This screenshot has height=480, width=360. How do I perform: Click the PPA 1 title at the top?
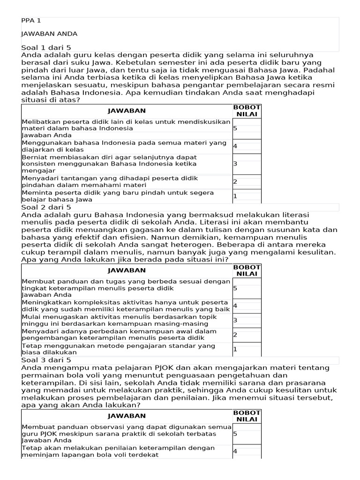pyautogui.click(x=31, y=21)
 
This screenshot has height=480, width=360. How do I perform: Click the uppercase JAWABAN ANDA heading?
pyautogui.click(x=49, y=34)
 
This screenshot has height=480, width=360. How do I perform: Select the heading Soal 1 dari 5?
pyautogui.click(x=46, y=47)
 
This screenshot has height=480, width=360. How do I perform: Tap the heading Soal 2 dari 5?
pyautogui.click(x=46, y=207)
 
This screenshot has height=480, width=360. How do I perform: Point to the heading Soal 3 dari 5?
pyautogui.click(x=46, y=360)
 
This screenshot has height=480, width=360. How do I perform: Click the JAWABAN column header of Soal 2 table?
pyautogui.click(x=127, y=270)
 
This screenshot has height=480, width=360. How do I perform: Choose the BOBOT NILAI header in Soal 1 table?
pyautogui.click(x=247, y=111)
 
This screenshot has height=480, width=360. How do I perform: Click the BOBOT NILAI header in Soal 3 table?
pyautogui.click(x=247, y=416)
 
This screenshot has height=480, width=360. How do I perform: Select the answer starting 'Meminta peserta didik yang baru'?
pyautogui.click(x=118, y=196)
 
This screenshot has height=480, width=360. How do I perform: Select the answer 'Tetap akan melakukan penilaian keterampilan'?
pyautogui.click(x=118, y=451)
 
